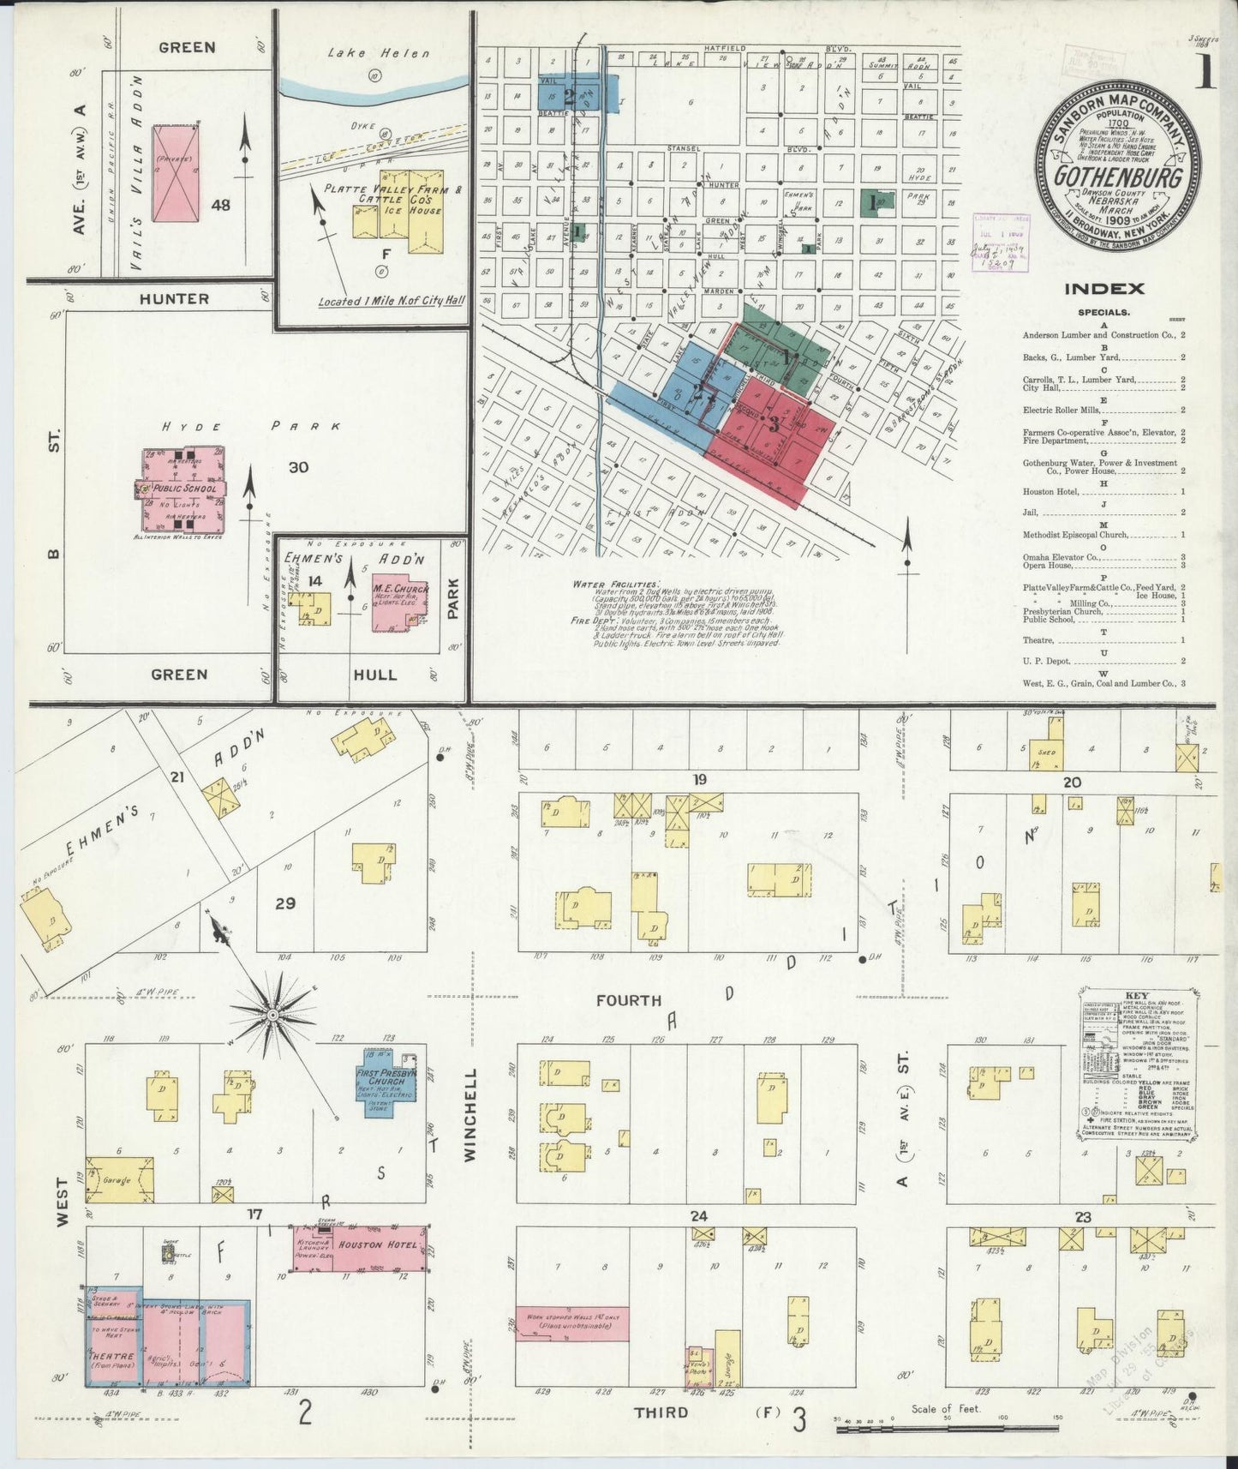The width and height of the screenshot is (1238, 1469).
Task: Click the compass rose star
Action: click(272, 1015)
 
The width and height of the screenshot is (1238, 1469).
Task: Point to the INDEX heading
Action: click(1103, 290)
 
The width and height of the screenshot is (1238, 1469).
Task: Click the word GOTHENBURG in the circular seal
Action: click(1119, 177)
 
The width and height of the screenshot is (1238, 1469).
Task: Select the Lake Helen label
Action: click(379, 53)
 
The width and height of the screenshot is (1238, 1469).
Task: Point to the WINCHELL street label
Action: click(470, 1114)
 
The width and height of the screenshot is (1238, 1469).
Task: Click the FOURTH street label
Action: click(629, 1000)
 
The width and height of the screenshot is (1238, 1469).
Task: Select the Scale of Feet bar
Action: click(942, 1430)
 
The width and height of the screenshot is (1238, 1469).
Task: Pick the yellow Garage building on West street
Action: click(120, 1179)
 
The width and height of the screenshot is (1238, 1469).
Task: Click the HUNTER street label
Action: click(174, 299)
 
